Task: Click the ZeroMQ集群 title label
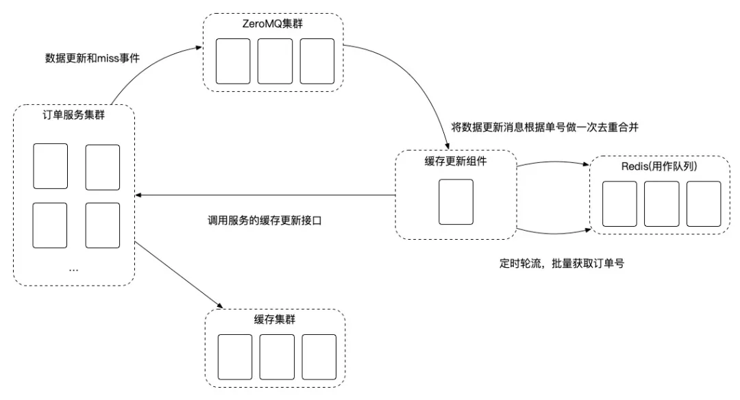point(272,24)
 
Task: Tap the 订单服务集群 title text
point(73,115)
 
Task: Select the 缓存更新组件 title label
point(456,162)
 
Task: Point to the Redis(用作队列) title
point(659,166)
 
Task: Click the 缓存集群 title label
point(275,320)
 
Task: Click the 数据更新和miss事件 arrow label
point(92,58)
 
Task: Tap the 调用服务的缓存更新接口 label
point(264,221)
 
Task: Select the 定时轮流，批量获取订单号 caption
point(562,263)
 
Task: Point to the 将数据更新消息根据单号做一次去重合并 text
point(545,127)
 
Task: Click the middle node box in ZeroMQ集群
point(275,62)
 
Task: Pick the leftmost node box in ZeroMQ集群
point(233,62)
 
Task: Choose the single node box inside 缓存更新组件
point(456,202)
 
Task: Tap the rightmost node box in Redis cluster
point(704,204)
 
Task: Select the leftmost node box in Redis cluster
point(619,204)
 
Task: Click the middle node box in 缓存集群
point(277,357)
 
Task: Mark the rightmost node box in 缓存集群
point(319,357)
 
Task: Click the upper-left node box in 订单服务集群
point(51,166)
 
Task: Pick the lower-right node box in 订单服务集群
point(102,225)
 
